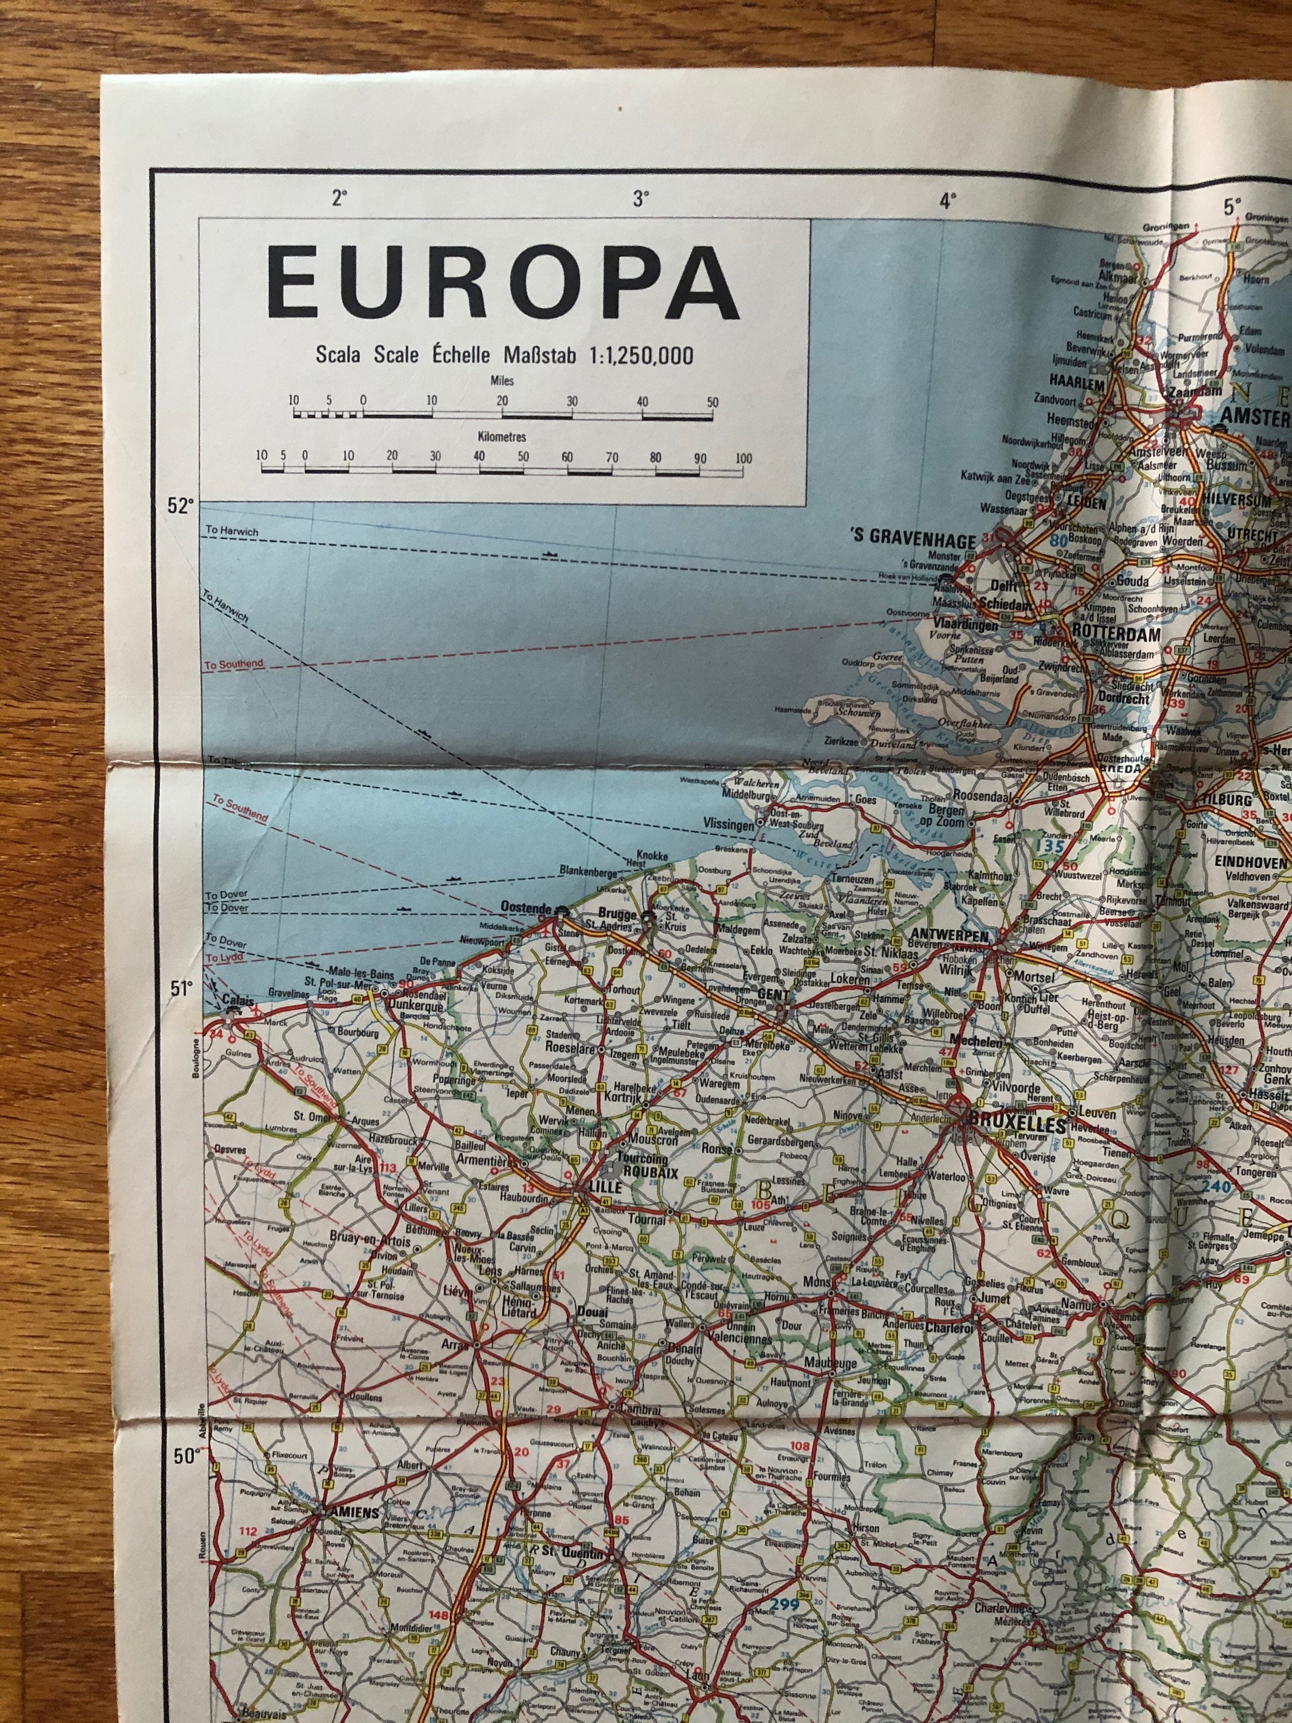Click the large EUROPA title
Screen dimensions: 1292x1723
coord(502,282)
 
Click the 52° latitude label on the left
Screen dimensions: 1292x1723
coord(180,507)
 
